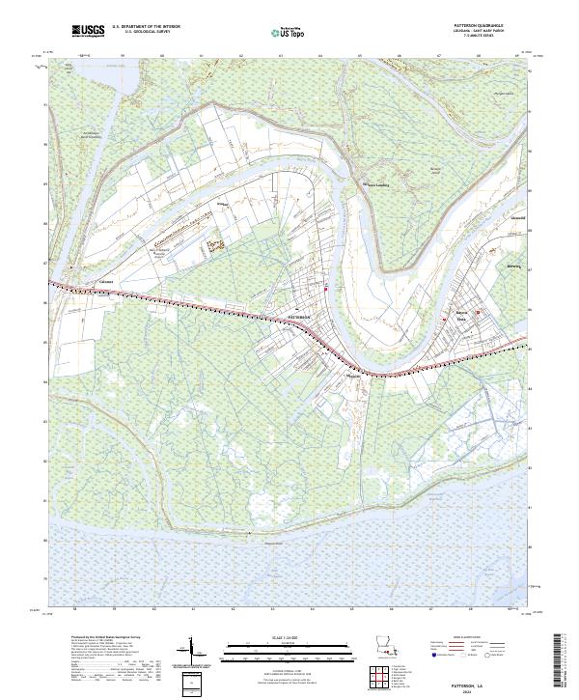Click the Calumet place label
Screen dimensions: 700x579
[105, 282]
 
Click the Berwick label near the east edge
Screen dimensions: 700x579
[512, 267]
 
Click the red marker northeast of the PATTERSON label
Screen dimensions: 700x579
[327, 289]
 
